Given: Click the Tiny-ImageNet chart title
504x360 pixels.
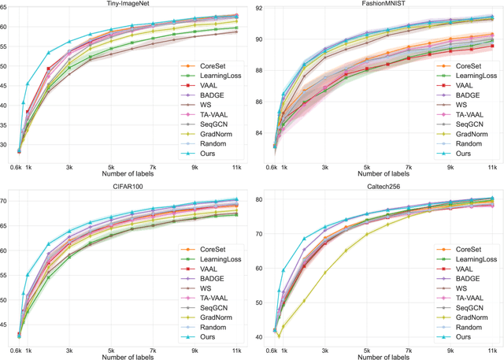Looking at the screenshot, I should tap(129, 5).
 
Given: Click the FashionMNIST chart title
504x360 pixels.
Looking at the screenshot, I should tap(383, 5).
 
